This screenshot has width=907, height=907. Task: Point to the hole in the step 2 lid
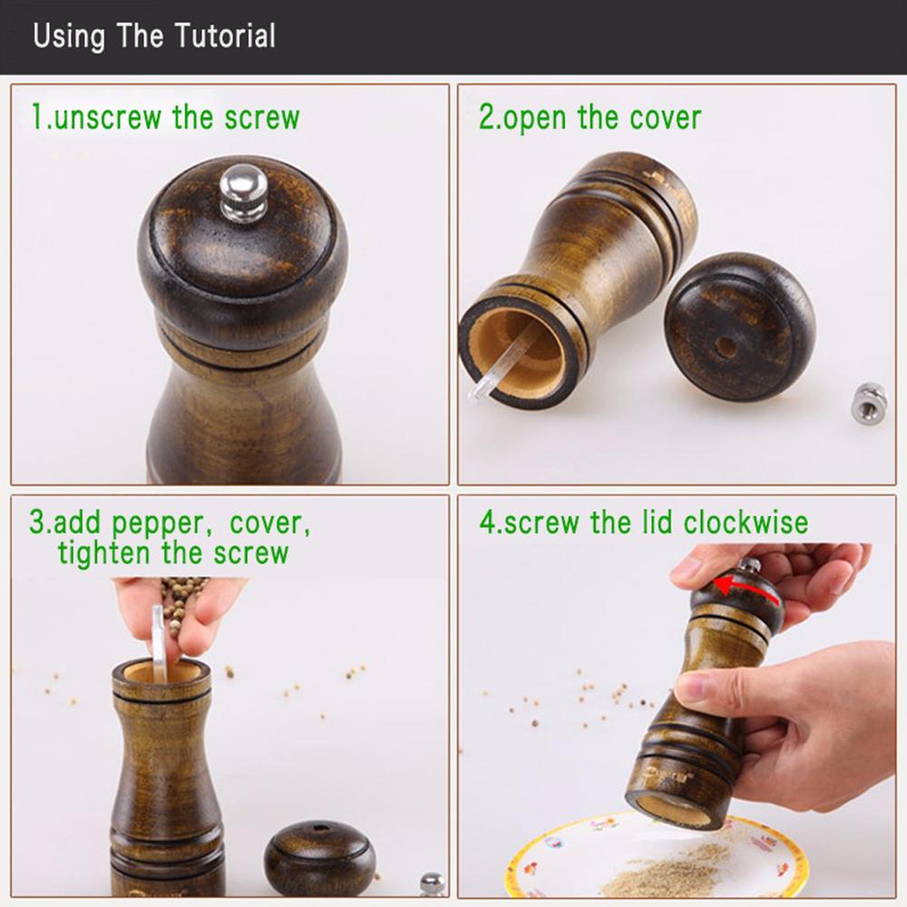point(726,346)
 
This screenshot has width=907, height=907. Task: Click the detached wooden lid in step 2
point(739,327)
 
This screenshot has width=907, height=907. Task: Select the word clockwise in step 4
point(746,523)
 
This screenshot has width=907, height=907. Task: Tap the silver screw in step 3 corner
point(433,884)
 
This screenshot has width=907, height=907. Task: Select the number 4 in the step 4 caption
point(487,523)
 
